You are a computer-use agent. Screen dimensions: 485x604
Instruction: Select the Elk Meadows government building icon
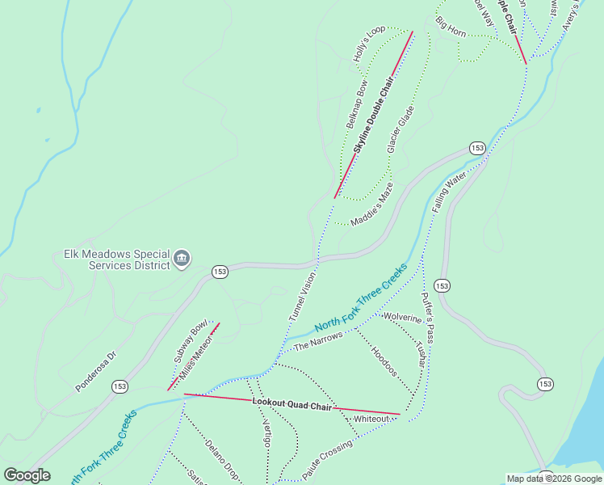pos(182,259)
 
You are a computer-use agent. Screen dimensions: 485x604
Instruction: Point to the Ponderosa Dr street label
pos(96,371)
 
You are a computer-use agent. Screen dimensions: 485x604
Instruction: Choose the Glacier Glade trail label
pos(401,129)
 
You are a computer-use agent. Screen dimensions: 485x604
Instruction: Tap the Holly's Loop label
pos(370,44)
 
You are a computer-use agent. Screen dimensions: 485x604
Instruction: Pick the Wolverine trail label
pos(403,317)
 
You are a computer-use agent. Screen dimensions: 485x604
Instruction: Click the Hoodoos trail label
pos(384,361)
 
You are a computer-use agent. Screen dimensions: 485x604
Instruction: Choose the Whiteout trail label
pos(371,419)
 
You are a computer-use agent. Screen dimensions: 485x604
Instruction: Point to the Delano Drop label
pos(220,456)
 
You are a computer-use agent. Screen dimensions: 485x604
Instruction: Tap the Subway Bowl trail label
pos(191,343)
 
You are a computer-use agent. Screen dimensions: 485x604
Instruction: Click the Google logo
pos(27,475)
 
